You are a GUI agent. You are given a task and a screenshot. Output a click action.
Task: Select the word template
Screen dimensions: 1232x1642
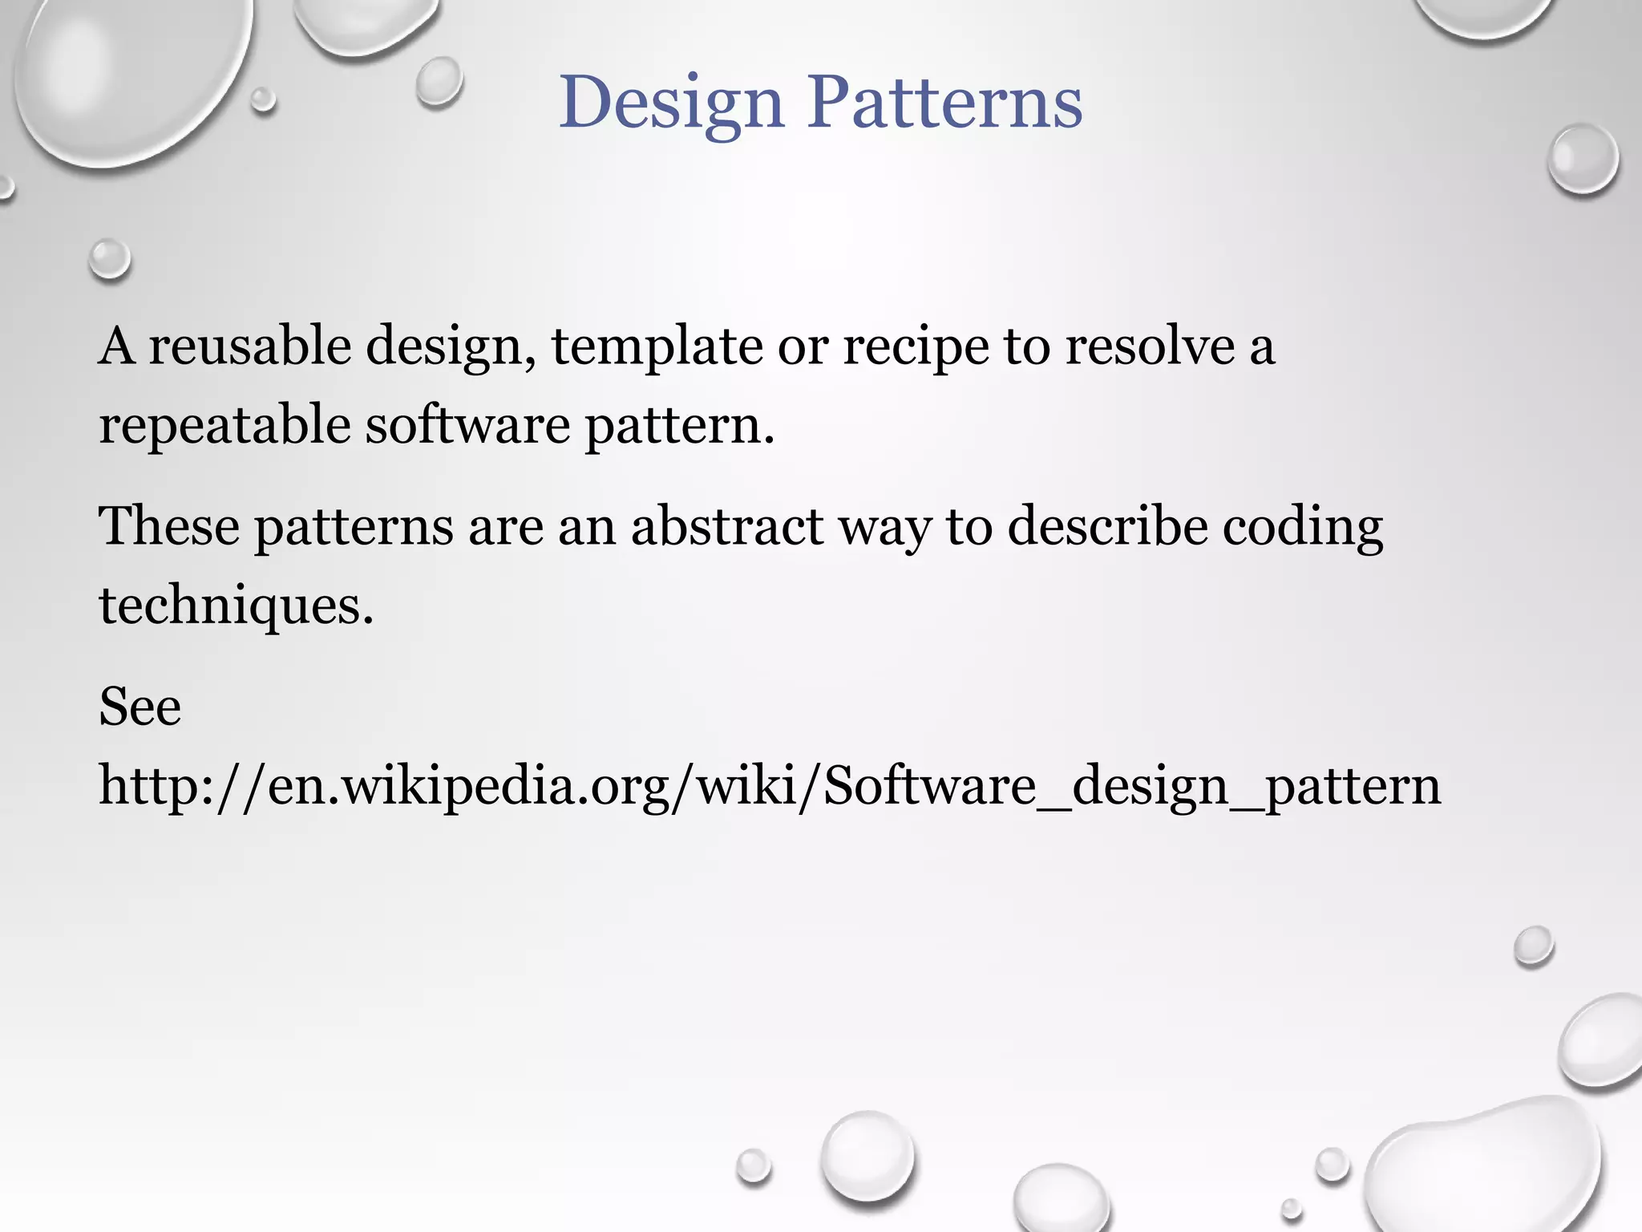[x=657, y=347]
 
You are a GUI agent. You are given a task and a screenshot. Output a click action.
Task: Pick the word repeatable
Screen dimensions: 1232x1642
[x=225, y=425]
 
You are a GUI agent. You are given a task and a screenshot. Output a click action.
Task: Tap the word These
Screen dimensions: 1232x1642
[x=169, y=526]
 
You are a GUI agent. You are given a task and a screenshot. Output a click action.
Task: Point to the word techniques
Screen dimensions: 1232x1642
[x=236, y=606]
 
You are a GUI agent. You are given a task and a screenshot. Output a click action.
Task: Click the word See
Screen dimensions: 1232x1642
[x=140, y=707]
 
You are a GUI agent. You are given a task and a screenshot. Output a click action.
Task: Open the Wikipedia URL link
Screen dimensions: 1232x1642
[x=770, y=786]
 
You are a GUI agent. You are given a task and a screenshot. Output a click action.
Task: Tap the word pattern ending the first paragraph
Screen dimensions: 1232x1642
[x=680, y=425]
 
